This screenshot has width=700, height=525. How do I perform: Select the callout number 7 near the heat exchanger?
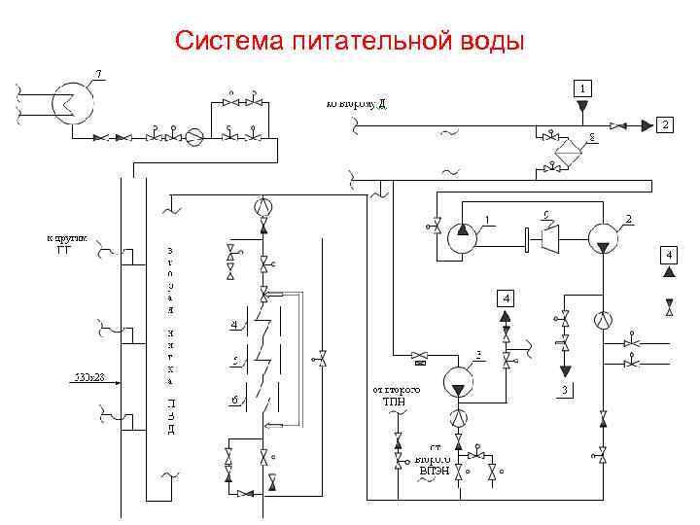click(99, 74)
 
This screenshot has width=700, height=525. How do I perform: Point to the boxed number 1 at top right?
click(581, 87)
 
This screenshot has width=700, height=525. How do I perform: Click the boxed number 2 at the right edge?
click(664, 124)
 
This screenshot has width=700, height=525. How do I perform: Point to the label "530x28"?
click(89, 375)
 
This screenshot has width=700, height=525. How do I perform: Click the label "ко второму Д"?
click(356, 101)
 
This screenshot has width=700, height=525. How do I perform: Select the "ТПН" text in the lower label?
click(394, 401)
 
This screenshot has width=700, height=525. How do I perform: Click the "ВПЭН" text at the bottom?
click(434, 471)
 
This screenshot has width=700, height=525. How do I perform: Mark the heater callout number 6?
click(234, 400)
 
